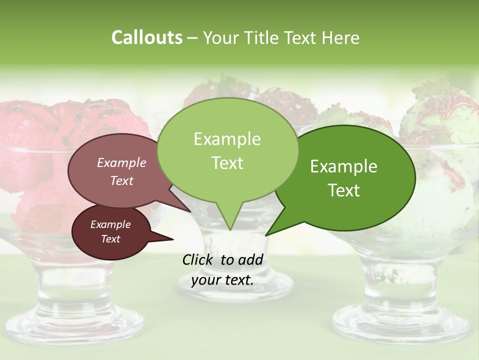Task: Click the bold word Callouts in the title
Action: point(147,37)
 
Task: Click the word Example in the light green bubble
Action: point(227,139)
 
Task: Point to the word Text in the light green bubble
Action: point(227,163)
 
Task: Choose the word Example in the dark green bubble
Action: point(344,166)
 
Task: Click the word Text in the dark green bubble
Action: point(344,190)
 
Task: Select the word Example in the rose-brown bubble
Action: point(121,162)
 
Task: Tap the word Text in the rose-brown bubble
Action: point(121,180)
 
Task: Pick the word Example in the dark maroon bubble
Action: point(110,224)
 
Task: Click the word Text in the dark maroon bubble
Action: point(110,239)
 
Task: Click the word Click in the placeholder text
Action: point(199,259)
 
